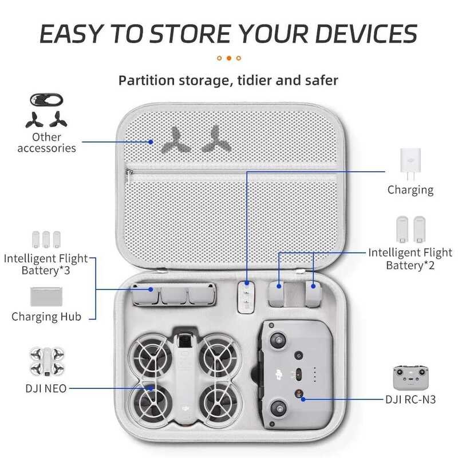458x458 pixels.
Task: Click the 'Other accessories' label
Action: pos(46,143)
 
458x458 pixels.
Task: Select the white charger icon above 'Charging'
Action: pos(410,163)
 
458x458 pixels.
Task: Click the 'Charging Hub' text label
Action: pos(46,317)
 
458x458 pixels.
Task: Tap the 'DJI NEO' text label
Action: pos(46,388)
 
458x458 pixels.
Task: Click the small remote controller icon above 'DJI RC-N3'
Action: pos(410,377)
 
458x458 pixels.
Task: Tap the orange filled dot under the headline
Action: pos(229,58)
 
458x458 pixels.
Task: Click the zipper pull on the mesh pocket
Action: pos(131,172)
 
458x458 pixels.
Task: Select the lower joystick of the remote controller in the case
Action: pos(279,407)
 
